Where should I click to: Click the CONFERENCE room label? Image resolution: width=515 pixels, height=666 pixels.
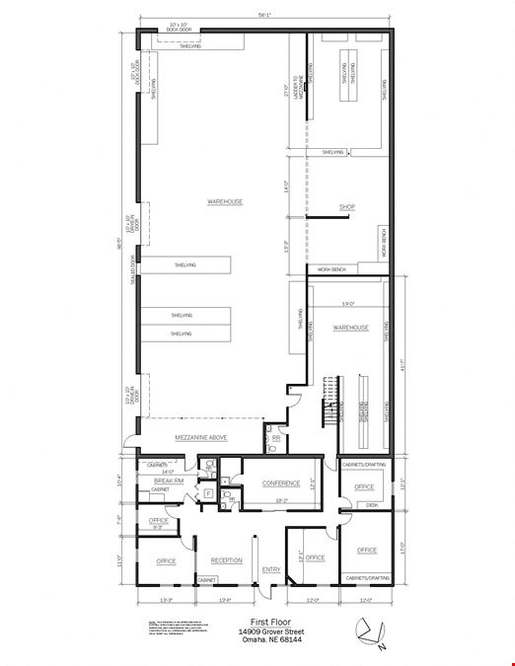(280, 483)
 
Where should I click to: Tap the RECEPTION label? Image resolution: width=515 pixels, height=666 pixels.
(226, 560)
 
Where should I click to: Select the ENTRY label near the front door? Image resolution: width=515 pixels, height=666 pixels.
(271, 569)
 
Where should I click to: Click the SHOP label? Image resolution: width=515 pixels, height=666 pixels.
(346, 207)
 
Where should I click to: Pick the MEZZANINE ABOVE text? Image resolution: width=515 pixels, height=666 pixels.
(201, 437)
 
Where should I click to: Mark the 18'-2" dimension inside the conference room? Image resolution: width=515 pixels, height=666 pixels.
(280, 502)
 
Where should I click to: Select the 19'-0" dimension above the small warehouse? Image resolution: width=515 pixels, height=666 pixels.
(347, 303)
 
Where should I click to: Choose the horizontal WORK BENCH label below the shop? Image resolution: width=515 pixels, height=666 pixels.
(331, 269)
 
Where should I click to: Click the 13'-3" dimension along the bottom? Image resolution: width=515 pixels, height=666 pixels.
(165, 599)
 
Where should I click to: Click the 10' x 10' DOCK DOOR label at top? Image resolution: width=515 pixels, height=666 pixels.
(184, 27)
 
